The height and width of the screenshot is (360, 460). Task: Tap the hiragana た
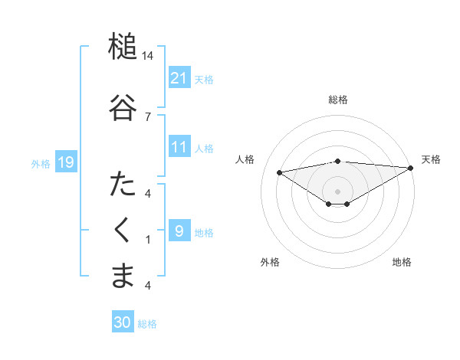(x=123, y=185)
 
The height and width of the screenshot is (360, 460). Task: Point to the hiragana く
(x=123, y=231)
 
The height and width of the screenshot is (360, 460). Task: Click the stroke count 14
(x=148, y=56)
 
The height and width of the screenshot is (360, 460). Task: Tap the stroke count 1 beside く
(x=148, y=240)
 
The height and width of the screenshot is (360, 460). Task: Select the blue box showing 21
(x=179, y=77)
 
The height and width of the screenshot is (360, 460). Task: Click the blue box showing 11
(x=179, y=147)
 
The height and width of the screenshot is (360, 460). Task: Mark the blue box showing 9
(x=179, y=231)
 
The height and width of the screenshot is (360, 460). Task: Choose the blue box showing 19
(x=65, y=162)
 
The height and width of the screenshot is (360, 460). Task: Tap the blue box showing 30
(x=123, y=322)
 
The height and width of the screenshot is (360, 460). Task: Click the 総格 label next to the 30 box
(x=148, y=324)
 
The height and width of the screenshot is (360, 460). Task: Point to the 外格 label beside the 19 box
(x=41, y=163)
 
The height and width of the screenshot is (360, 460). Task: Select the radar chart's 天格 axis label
(x=431, y=159)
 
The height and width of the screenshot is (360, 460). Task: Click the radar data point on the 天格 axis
(x=412, y=169)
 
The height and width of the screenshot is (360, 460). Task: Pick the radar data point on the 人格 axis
(x=280, y=172)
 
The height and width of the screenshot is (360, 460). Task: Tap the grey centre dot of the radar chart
(x=337, y=191)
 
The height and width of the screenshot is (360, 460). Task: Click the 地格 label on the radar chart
(x=402, y=262)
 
